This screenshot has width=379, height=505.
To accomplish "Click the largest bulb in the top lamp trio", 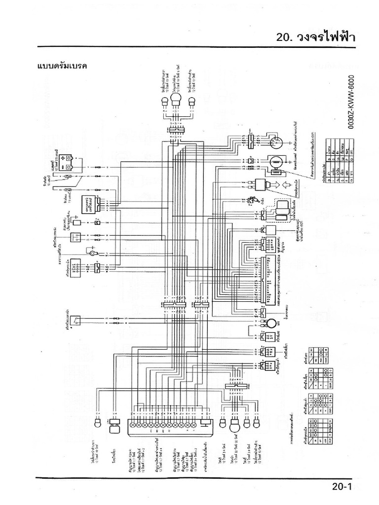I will click(x=176, y=102).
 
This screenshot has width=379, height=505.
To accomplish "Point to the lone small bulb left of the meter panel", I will click(x=98, y=423).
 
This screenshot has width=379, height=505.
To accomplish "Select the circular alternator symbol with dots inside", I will click(x=275, y=143).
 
